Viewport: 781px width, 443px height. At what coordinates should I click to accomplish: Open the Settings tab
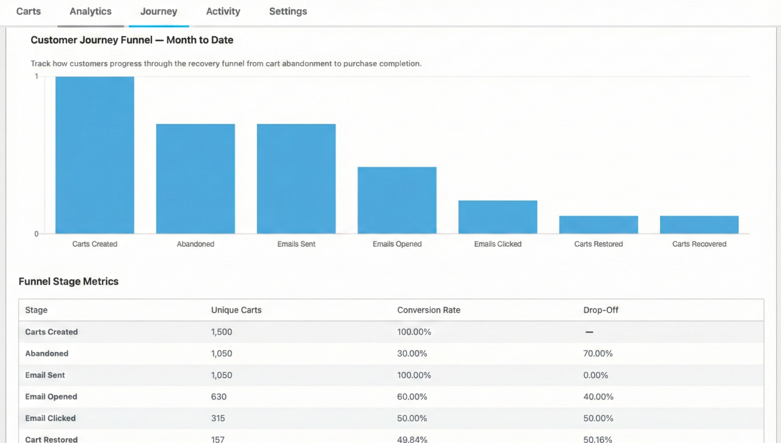(x=288, y=11)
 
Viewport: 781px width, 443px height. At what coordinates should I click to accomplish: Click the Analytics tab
(x=90, y=11)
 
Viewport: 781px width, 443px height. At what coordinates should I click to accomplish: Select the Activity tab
(x=223, y=11)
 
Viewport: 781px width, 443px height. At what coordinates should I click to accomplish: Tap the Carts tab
(x=28, y=11)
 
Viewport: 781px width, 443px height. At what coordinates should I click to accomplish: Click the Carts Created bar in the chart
(x=95, y=155)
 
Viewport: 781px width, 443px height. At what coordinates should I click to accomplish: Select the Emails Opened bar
(x=397, y=200)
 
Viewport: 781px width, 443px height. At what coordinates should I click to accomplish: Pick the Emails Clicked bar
(x=498, y=217)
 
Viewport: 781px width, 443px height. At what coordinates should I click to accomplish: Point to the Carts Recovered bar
(x=699, y=225)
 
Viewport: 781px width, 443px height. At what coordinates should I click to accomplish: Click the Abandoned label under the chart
(x=195, y=244)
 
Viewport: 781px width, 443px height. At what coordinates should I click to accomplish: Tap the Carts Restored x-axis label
(x=598, y=244)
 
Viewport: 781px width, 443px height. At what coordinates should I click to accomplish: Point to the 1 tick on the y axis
(x=37, y=76)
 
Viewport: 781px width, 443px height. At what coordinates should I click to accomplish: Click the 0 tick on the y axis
(x=36, y=234)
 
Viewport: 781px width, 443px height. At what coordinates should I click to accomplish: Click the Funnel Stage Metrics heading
(x=68, y=281)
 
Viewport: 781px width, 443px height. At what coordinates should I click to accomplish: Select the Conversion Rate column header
(x=428, y=310)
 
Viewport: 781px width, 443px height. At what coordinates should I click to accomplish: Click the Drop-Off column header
(x=600, y=310)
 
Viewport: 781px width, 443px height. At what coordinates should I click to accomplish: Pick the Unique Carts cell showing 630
(x=218, y=397)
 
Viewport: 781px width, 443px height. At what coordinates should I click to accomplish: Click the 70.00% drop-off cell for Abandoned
(x=598, y=353)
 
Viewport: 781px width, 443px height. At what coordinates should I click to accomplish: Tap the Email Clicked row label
(x=50, y=418)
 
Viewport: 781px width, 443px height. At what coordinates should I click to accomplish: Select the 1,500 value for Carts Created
(x=221, y=332)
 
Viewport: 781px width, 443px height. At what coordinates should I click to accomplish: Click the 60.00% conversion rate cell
(x=412, y=397)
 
